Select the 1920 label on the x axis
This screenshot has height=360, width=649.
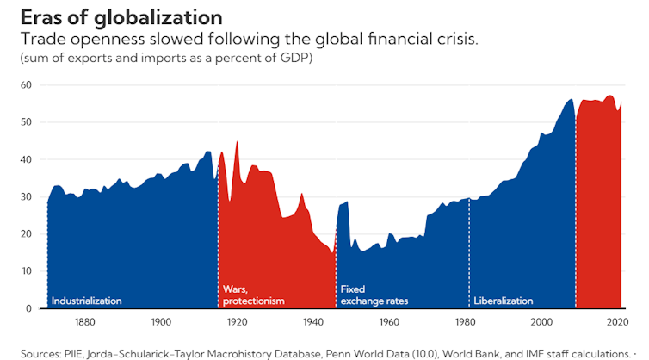237,322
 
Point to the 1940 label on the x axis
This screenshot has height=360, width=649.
312,322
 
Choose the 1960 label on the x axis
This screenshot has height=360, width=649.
388,322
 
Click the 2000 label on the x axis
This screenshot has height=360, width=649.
541,322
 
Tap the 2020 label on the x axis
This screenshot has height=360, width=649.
616,322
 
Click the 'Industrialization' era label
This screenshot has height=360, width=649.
87,301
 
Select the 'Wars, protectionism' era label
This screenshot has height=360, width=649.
253,295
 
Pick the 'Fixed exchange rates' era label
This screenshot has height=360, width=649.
374,295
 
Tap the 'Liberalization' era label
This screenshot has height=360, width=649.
504,301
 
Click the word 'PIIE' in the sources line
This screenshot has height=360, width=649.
74,353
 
